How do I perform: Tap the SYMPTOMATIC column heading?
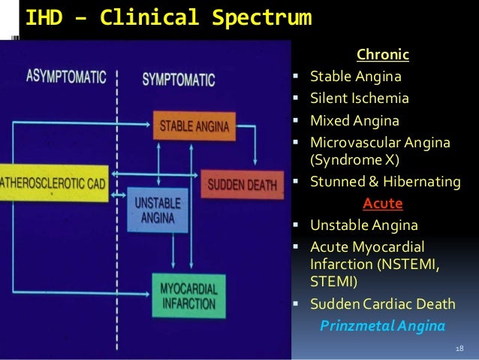coord(178,78)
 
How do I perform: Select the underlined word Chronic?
coord(383,55)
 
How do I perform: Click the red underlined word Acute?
coord(383,204)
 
